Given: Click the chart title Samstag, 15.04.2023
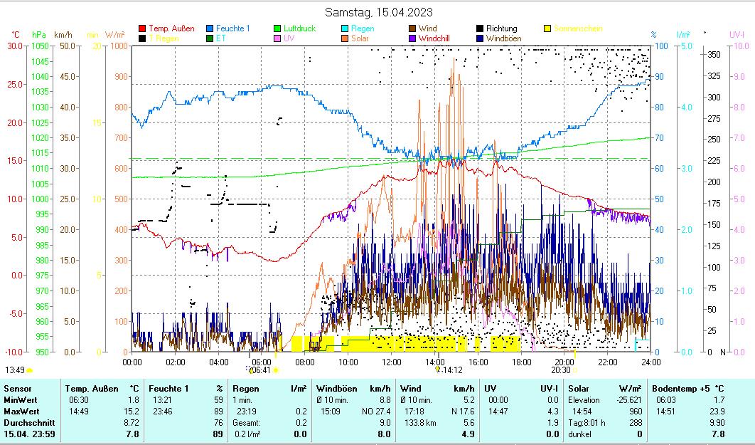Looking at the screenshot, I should point(378,12).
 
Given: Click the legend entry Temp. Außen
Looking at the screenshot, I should point(171,28).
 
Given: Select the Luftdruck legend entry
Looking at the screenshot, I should point(299,28).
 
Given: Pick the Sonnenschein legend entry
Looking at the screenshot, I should point(577,28).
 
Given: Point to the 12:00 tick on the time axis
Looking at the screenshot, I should point(392,362).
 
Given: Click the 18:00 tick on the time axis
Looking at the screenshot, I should point(521,362).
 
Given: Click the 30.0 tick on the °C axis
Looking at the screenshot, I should point(15,46).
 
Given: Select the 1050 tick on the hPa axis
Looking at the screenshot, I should point(40,46).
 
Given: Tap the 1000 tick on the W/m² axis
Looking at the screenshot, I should point(119,46).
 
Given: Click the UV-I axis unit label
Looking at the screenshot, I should point(737,34).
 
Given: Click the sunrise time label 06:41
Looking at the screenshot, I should point(261,370).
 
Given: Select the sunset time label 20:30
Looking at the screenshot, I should point(561,370).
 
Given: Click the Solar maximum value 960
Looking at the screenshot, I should point(615,412).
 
